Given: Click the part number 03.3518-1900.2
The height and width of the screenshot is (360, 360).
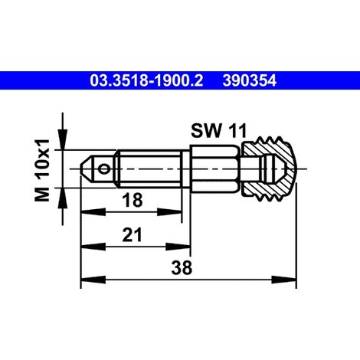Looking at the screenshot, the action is tap(146, 80).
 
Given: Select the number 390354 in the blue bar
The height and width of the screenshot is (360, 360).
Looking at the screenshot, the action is tap(250, 80).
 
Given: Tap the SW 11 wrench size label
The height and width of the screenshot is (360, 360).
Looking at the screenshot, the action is tap(219, 131).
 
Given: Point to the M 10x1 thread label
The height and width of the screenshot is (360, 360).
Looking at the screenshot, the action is tap(41, 170).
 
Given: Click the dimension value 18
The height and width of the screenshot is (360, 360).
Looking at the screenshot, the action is tap(132, 200).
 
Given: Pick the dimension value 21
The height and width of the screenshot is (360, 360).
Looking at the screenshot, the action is tap(132, 235).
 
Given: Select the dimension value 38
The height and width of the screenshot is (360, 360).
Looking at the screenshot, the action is tap(182, 268).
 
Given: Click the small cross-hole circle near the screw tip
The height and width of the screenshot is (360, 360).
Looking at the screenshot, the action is tap(104, 169).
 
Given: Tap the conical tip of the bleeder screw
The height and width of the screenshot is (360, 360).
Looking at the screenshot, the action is tap(86, 169).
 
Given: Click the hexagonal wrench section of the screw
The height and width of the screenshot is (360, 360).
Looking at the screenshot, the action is tap(214, 169).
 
